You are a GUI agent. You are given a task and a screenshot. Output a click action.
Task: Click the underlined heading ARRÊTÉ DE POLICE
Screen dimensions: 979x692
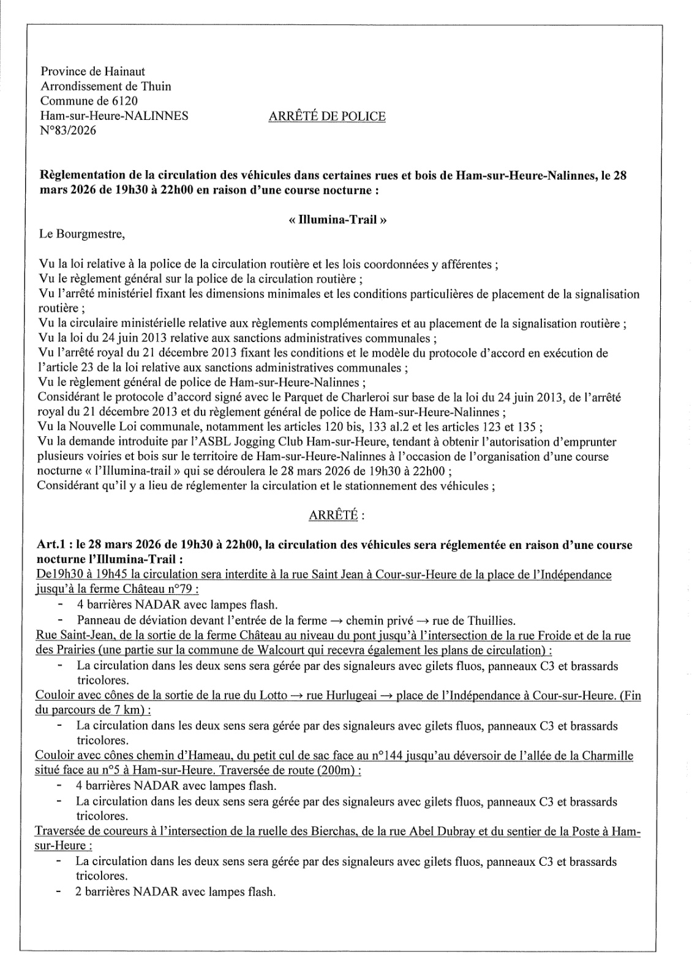pos(327,116)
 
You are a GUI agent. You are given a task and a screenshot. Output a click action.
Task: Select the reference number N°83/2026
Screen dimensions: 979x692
pos(68,130)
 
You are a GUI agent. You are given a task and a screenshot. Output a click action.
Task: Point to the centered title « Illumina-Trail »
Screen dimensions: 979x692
pos(337,220)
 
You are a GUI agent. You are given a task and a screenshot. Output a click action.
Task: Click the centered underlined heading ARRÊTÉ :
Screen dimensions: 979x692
pos(337,515)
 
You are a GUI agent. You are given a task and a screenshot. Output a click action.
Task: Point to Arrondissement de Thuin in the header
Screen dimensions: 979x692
pos(105,86)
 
